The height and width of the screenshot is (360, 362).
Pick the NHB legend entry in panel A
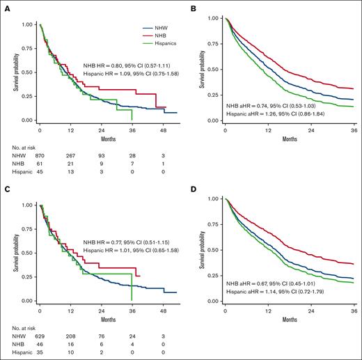coord(149,35)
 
